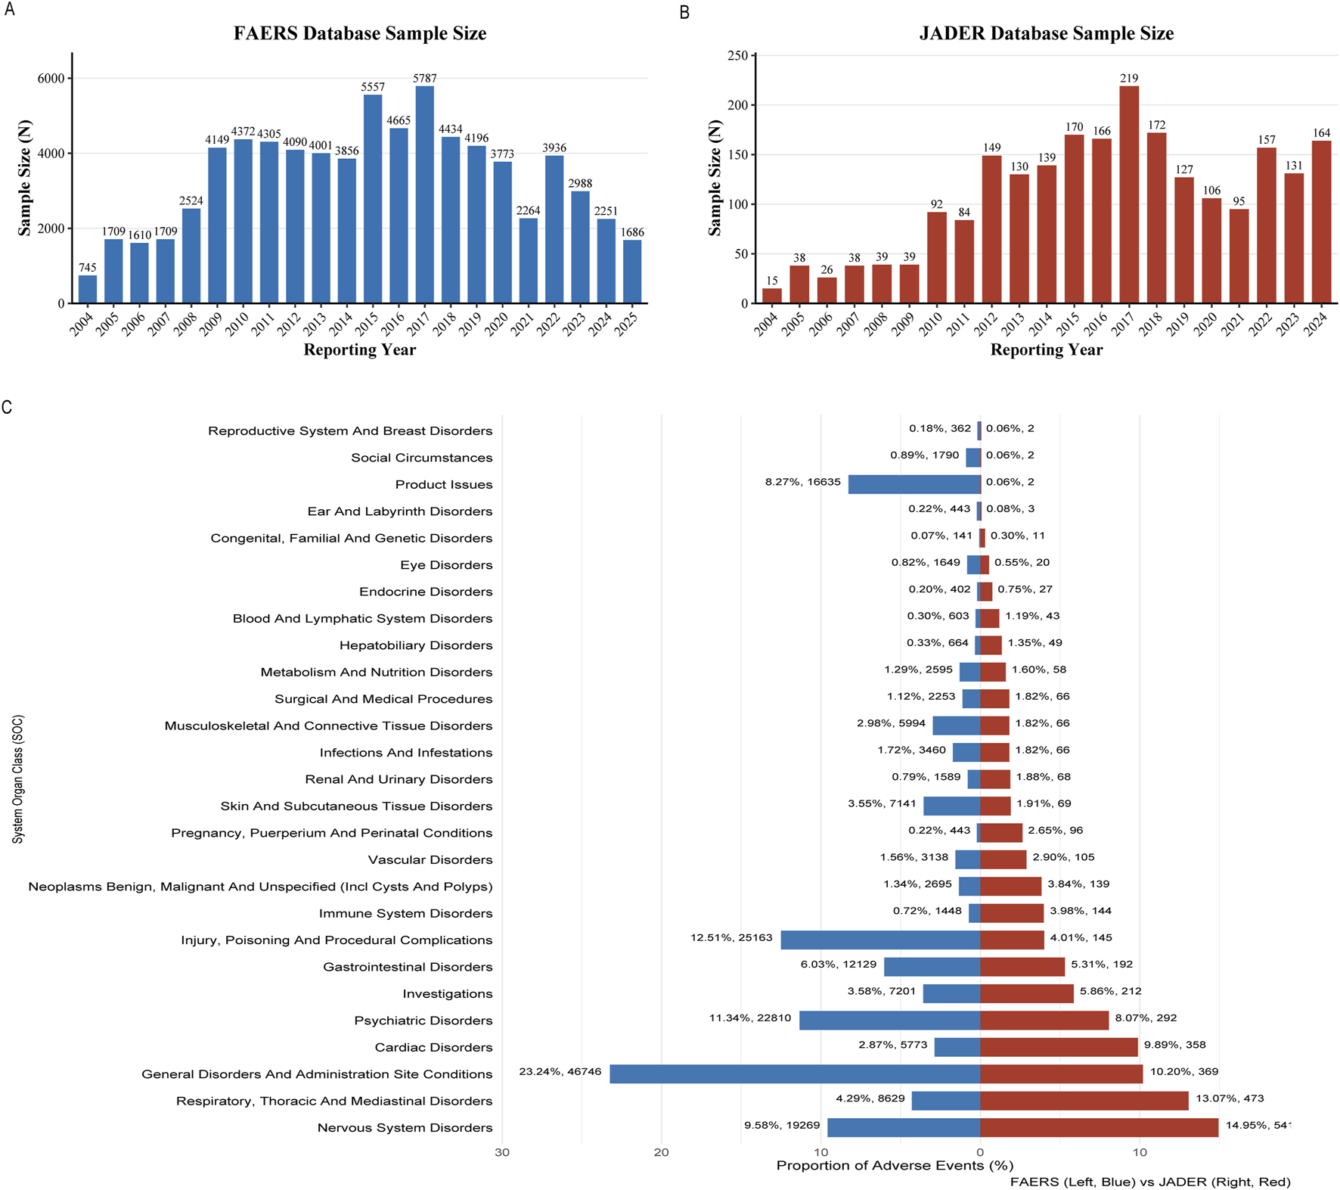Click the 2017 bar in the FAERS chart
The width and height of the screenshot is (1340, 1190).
click(424, 194)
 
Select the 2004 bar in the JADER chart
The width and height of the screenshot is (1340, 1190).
click(771, 296)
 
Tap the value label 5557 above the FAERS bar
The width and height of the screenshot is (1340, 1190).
click(373, 87)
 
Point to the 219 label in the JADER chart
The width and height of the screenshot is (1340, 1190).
click(1129, 78)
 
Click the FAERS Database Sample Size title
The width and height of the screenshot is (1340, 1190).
click(359, 33)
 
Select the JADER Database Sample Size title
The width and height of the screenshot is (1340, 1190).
click(1046, 33)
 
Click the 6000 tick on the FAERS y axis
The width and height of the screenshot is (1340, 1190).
click(51, 79)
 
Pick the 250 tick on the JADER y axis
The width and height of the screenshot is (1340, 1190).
click(737, 55)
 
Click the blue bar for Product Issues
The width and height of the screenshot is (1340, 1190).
click(914, 484)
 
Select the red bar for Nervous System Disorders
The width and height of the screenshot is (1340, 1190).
click(1099, 1127)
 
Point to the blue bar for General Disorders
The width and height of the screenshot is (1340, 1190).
click(795, 1073)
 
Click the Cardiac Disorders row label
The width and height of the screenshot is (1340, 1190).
click(433, 1047)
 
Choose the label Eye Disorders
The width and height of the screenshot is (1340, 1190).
click(446, 565)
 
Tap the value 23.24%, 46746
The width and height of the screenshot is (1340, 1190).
click(560, 1071)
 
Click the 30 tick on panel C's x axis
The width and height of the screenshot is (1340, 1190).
click(502, 1152)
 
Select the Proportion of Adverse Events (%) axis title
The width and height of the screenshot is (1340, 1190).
click(895, 1166)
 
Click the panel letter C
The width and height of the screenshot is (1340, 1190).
click(7, 408)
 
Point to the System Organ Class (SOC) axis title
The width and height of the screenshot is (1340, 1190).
click(18, 779)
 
